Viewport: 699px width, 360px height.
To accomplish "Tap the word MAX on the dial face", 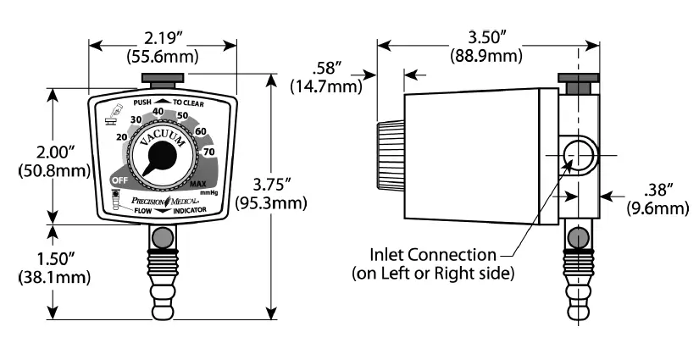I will [199, 184].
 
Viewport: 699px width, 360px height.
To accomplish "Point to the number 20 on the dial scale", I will [122, 138].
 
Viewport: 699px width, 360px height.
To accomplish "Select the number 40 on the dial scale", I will [158, 110].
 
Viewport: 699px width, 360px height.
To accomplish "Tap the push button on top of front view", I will [161, 81].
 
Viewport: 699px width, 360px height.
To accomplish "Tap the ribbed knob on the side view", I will [391, 158].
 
